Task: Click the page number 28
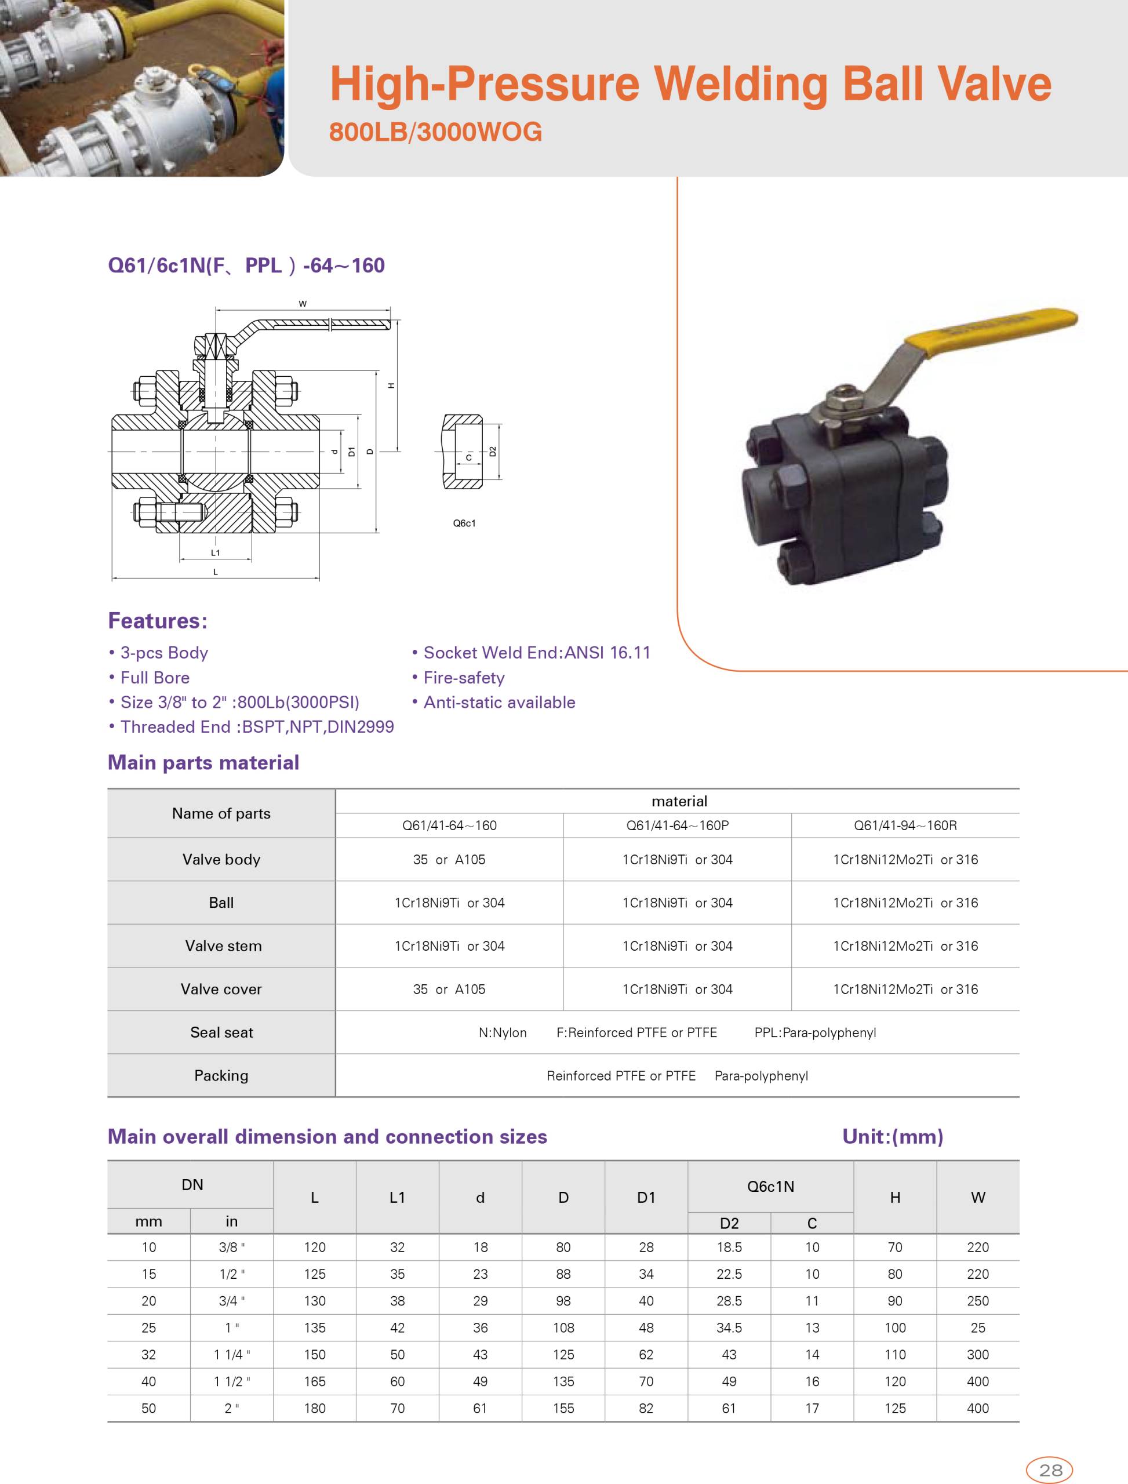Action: (x=1050, y=1470)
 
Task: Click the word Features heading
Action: (x=158, y=620)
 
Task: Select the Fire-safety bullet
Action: (x=463, y=678)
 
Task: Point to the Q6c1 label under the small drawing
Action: (x=464, y=523)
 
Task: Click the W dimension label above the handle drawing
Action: (x=303, y=304)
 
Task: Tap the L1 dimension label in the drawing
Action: (x=216, y=552)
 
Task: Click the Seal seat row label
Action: (x=221, y=1032)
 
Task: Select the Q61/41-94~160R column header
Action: (x=905, y=825)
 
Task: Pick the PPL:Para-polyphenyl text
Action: (x=815, y=1032)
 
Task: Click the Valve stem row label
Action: (x=223, y=945)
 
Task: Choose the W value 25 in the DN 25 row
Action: (x=978, y=1327)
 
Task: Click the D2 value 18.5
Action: (x=729, y=1247)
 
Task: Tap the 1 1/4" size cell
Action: (x=232, y=1354)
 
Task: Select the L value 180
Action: (x=314, y=1408)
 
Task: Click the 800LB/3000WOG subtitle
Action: (x=435, y=132)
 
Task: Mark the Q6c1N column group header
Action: (x=770, y=1187)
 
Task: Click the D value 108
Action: (x=563, y=1327)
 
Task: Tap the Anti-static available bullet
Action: (x=499, y=703)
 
